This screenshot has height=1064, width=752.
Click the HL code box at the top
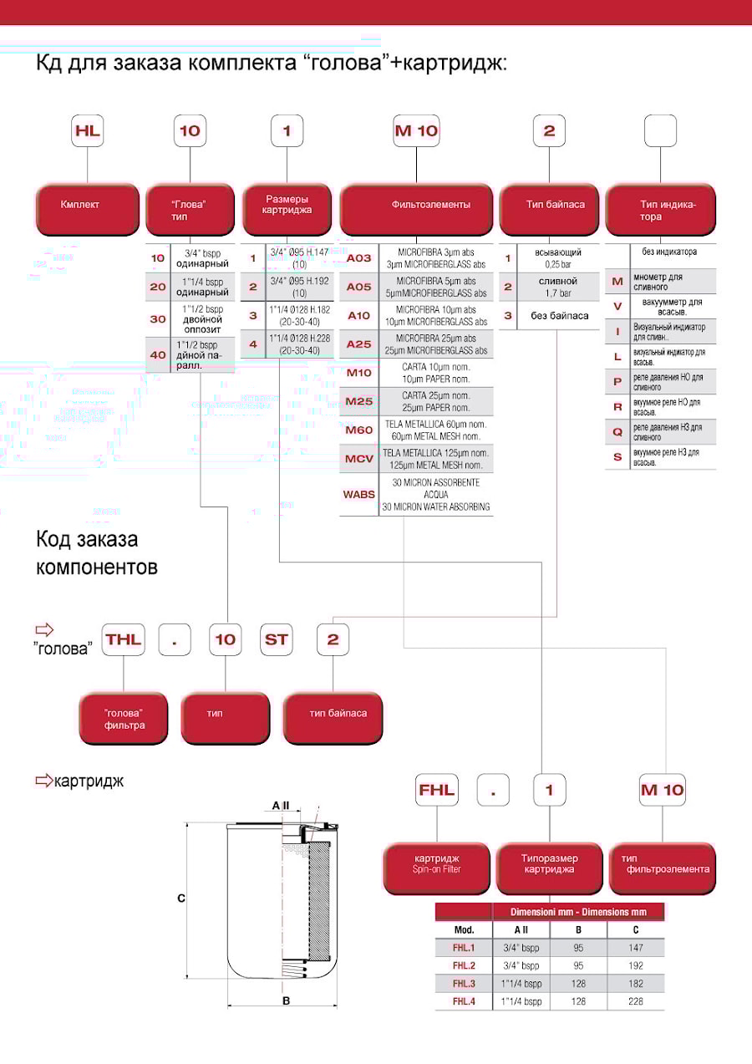coord(87,131)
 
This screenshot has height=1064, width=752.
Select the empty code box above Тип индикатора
coord(661,131)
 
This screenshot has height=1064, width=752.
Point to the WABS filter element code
coord(359,494)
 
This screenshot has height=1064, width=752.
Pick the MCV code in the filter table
coord(359,458)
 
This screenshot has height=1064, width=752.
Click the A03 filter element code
coord(359,258)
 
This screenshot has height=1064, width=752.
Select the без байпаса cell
coord(559,315)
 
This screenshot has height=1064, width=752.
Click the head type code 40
coord(158,354)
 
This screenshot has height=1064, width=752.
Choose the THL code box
coord(124,640)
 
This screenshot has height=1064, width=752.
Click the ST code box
coord(277,640)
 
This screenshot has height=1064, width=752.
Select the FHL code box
coord(438,790)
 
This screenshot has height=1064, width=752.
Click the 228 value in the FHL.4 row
coord(636,1000)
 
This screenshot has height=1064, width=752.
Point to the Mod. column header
coord(464,929)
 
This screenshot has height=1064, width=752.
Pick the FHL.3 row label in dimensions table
coord(464,983)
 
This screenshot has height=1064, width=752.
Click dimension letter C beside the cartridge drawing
coord(180,899)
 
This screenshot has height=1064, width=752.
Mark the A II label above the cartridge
coord(281,806)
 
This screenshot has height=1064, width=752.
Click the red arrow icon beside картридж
coord(43,781)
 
